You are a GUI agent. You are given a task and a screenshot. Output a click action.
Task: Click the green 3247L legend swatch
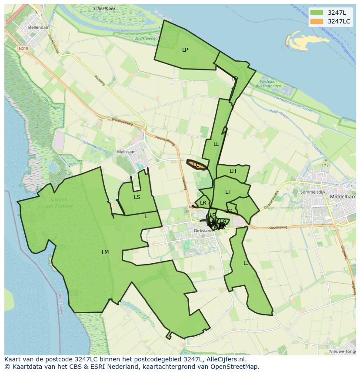[x=317, y=13]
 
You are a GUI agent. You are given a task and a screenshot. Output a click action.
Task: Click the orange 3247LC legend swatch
[x=317, y=21]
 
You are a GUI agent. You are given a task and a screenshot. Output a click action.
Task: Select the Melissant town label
[x=127, y=152]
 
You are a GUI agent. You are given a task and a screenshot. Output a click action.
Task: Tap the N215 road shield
[x=23, y=49]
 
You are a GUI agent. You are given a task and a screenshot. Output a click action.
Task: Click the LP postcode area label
[x=185, y=50]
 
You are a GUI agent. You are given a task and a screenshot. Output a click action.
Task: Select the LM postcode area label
[x=105, y=252]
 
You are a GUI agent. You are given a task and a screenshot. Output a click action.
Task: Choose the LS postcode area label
[x=137, y=197]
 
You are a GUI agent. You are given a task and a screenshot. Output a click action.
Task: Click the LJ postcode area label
[x=246, y=263]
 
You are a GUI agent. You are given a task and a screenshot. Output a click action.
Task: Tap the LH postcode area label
[x=233, y=171]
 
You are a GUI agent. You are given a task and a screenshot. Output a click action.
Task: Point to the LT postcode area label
[x=228, y=192]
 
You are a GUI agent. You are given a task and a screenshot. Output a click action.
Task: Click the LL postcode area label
[x=216, y=144]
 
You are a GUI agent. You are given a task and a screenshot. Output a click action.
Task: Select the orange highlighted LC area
[x=197, y=165]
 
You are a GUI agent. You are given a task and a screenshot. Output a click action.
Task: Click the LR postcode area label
[x=203, y=203]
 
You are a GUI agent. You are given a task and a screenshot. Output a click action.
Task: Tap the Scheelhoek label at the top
[x=104, y=8]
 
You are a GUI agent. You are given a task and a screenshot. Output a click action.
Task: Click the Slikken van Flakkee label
[x=59, y=203]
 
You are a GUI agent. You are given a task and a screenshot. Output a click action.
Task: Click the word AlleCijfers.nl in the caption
[x=225, y=359]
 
